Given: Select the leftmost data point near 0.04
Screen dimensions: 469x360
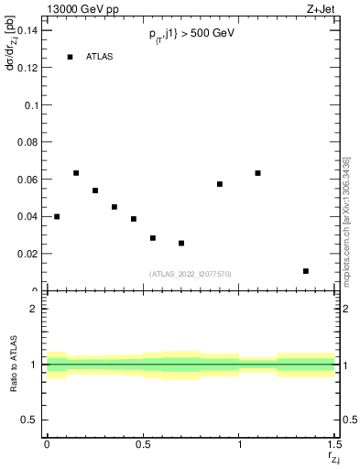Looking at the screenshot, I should point(57,217).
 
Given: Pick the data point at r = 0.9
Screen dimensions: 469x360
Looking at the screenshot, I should point(220,184).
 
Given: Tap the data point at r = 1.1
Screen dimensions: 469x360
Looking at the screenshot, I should point(258,173).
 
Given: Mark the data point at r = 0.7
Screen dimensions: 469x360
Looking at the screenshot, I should point(181,243).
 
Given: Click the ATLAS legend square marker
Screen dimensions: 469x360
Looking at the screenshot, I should point(70,57).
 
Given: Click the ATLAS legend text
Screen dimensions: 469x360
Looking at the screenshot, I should point(99,57).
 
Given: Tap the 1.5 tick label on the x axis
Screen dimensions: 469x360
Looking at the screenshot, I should point(335,445).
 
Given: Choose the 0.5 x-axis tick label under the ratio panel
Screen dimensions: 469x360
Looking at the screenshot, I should point(143,445).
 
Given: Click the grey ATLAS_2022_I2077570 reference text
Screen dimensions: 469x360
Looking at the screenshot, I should point(191,273).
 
